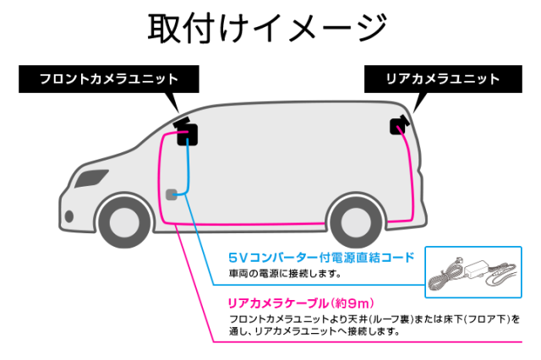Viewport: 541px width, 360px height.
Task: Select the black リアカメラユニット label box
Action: point(442,79)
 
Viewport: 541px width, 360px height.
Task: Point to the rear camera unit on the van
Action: point(398,125)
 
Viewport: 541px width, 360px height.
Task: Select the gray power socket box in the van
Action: point(172,194)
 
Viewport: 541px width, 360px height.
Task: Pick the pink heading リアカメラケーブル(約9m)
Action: point(301,302)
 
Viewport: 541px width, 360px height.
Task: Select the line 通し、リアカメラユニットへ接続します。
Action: point(314,332)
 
